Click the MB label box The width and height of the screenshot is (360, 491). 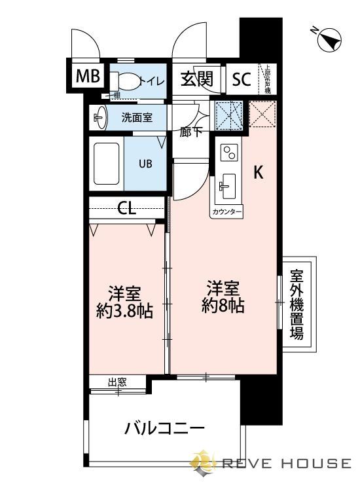(x=88, y=76)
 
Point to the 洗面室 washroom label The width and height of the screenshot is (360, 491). (x=137, y=118)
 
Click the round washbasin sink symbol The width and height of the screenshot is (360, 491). (x=100, y=118)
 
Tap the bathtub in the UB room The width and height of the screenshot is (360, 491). (x=108, y=162)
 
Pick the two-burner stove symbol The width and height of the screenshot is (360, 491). (x=229, y=153)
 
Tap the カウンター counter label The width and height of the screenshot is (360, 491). (x=227, y=213)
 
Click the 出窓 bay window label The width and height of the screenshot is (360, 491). (x=117, y=382)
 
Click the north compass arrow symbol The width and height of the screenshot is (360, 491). (x=327, y=41)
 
